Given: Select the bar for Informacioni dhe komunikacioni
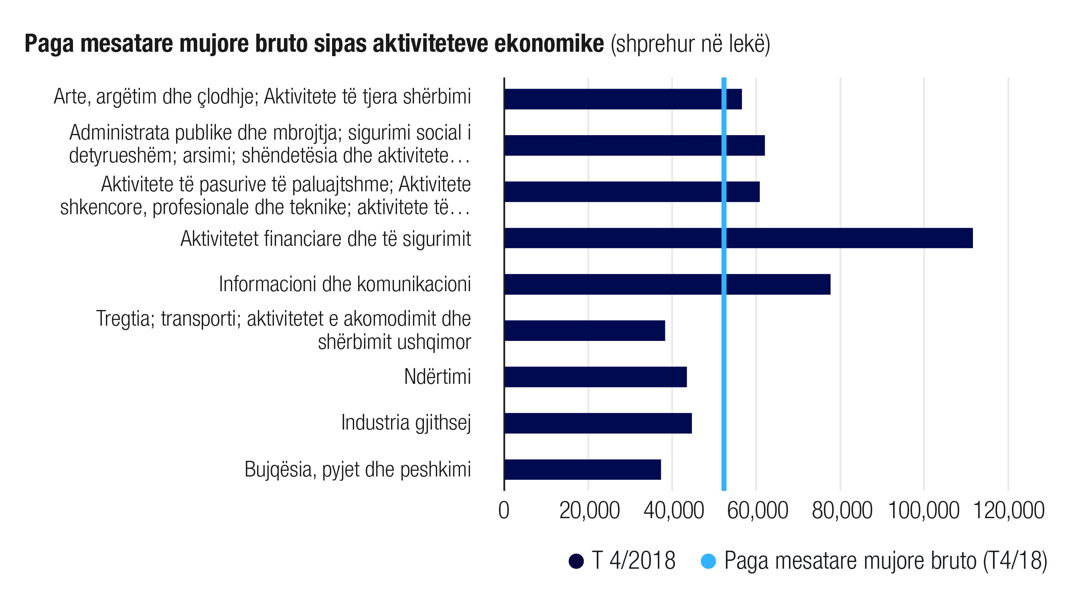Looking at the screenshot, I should [x=667, y=284].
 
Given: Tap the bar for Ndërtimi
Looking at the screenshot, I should [x=595, y=377].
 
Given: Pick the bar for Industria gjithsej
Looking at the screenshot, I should [x=598, y=423].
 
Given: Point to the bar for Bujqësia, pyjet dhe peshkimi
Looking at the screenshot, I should [x=582, y=470].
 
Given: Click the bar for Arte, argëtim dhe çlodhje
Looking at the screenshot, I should [x=623, y=99].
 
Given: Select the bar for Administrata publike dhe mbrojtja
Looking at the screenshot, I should [x=634, y=146].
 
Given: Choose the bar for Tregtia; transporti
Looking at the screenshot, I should [x=584, y=331].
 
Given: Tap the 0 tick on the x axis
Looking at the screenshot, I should [x=504, y=511].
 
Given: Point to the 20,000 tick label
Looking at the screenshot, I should [x=590, y=511].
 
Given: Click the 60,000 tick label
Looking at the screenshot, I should [x=757, y=511].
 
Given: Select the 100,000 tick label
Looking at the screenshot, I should [x=923, y=511].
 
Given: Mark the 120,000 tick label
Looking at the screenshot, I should [x=1009, y=511].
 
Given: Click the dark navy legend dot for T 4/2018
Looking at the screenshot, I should [x=576, y=561].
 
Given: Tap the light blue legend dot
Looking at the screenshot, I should [x=708, y=561].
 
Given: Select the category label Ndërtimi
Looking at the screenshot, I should [x=438, y=377].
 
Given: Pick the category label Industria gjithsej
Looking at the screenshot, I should [x=406, y=423].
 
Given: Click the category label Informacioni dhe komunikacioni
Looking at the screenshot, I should [x=345, y=284].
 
